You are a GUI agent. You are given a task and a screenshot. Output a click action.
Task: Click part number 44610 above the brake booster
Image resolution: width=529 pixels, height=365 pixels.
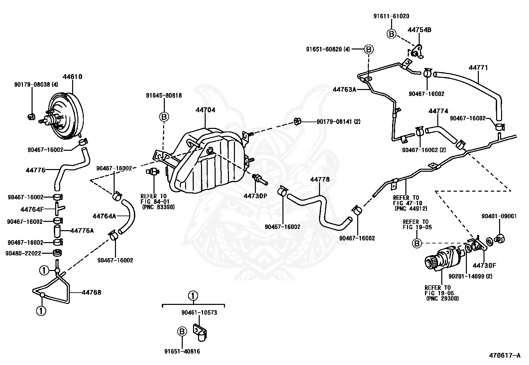[x=72, y=77]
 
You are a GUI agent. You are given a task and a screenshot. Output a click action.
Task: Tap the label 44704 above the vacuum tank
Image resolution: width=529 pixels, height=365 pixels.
[x=205, y=110]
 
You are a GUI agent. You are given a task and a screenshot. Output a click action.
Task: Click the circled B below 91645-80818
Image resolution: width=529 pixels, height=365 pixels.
[x=164, y=117]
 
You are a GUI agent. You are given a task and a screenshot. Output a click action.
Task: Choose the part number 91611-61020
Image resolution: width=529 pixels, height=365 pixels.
[x=391, y=16]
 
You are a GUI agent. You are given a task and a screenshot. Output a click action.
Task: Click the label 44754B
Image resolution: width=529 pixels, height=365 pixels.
[x=419, y=30]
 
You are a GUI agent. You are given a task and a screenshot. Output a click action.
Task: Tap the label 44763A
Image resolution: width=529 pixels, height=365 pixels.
[x=344, y=89]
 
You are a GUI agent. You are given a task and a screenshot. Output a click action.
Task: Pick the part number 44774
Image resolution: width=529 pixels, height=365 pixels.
[x=438, y=111]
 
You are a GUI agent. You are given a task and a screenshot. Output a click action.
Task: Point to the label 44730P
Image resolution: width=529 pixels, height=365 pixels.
[x=255, y=196]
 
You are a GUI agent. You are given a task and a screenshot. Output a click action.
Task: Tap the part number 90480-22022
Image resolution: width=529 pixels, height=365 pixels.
[x=23, y=253]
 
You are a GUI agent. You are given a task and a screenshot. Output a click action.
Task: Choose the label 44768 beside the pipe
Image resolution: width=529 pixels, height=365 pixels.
[x=91, y=293]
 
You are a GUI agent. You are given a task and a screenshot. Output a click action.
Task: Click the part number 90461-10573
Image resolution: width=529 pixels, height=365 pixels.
[x=199, y=313]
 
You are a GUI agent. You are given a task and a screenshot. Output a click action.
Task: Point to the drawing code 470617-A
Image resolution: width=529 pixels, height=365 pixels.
[x=504, y=356]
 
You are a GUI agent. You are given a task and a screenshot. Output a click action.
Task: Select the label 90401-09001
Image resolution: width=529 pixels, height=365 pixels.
[x=499, y=216]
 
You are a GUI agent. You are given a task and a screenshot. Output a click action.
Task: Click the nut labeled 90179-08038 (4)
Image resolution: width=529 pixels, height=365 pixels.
[x=31, y=116]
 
